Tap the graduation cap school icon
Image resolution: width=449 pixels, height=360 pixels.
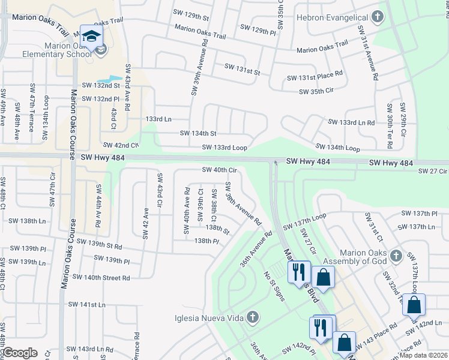tap(92, 37)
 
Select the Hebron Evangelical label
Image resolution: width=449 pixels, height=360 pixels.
tap(333, 16)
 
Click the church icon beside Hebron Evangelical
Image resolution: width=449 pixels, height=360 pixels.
tap(378, 16)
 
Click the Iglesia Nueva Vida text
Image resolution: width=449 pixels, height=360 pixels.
tap(208, 318)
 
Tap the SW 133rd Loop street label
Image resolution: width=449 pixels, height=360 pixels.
tap(224, 147)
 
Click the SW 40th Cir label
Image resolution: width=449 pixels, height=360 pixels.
tap(220, 170)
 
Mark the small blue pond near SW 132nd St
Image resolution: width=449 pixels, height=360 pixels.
tap(106, 79)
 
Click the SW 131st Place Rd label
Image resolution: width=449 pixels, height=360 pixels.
tap(315, 77)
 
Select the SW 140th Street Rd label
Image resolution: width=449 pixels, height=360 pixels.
tap(101, 277)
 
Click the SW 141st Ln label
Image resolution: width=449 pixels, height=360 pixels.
tap(86, 305)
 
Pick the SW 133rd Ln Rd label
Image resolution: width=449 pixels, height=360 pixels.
tap(351, 122)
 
